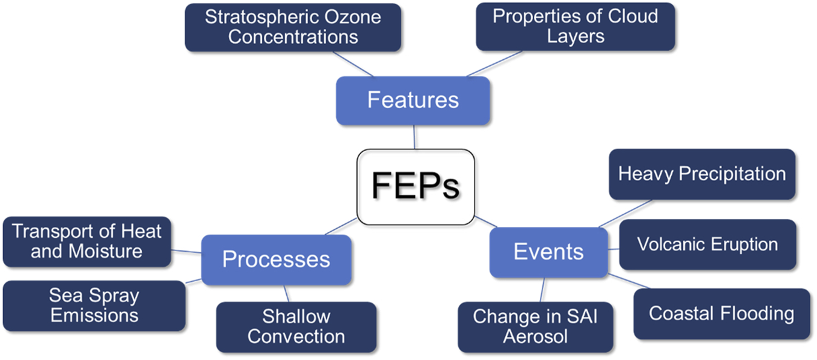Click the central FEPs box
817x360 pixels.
415,186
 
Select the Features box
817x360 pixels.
413,100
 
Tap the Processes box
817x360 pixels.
276,260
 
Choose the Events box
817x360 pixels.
548,252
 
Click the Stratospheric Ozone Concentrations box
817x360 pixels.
293,27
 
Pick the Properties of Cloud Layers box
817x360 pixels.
575,26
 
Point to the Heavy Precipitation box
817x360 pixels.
701,174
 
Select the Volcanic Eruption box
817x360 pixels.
707,244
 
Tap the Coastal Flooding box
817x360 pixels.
721,313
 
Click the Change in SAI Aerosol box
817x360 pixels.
535,326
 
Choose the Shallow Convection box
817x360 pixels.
296,326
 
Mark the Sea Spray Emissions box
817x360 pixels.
94,306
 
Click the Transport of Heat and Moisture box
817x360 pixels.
87,241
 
